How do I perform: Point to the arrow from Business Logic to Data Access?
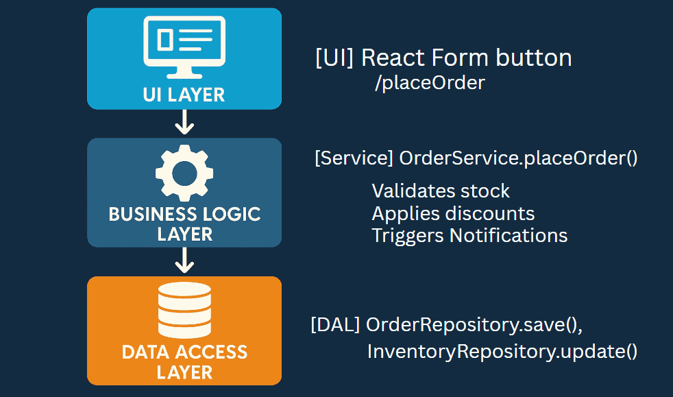[x=184, y=261]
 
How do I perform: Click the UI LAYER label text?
[x=184, y=94]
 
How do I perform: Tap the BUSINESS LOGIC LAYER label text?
[x=184, y=224]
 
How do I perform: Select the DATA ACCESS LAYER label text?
[x=184, y=362]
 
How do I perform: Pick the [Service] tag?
[x=353, y=158]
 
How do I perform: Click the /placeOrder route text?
[x=430, y=84]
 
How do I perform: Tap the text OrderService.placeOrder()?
[x=518, y=158]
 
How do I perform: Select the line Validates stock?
[x=441, y=191]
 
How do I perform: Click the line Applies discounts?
[x=453, y=213]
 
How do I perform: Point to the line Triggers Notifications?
[x=469, y=236]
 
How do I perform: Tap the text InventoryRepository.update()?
[x=502, y=352]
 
